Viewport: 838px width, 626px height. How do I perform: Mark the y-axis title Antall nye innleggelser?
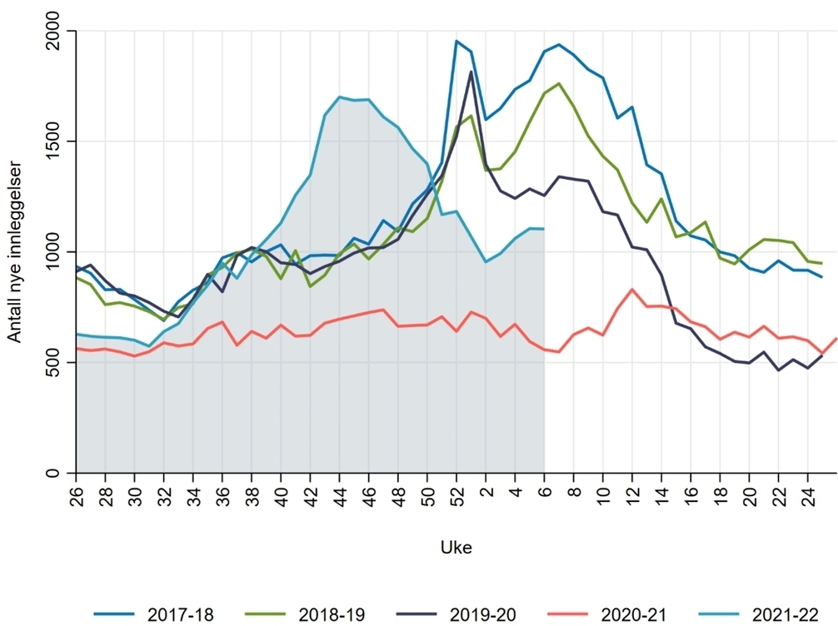(x=14, y=252)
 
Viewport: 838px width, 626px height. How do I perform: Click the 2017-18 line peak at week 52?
(x=456, y=41)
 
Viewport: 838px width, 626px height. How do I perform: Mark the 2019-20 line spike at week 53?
(x=471, y=72)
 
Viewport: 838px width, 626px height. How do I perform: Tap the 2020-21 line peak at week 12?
(x=632, y=290)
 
